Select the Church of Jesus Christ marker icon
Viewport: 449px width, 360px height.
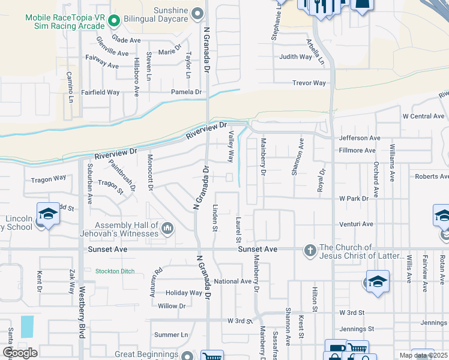[310, 251]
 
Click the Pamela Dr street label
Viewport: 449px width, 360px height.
[186, 92]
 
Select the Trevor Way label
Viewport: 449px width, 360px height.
[309, 83]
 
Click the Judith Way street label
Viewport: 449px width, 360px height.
[295, 58]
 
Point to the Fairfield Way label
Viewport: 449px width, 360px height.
[100, 92]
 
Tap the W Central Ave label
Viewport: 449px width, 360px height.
[423, 116]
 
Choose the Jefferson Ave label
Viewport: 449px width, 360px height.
[360, 138]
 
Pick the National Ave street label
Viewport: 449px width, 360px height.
[232, 281]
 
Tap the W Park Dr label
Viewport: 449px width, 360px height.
[354, 198]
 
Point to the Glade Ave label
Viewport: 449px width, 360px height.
[126, 40]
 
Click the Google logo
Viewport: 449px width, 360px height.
[20, 353]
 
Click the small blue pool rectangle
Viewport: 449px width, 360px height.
[27, 326]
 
